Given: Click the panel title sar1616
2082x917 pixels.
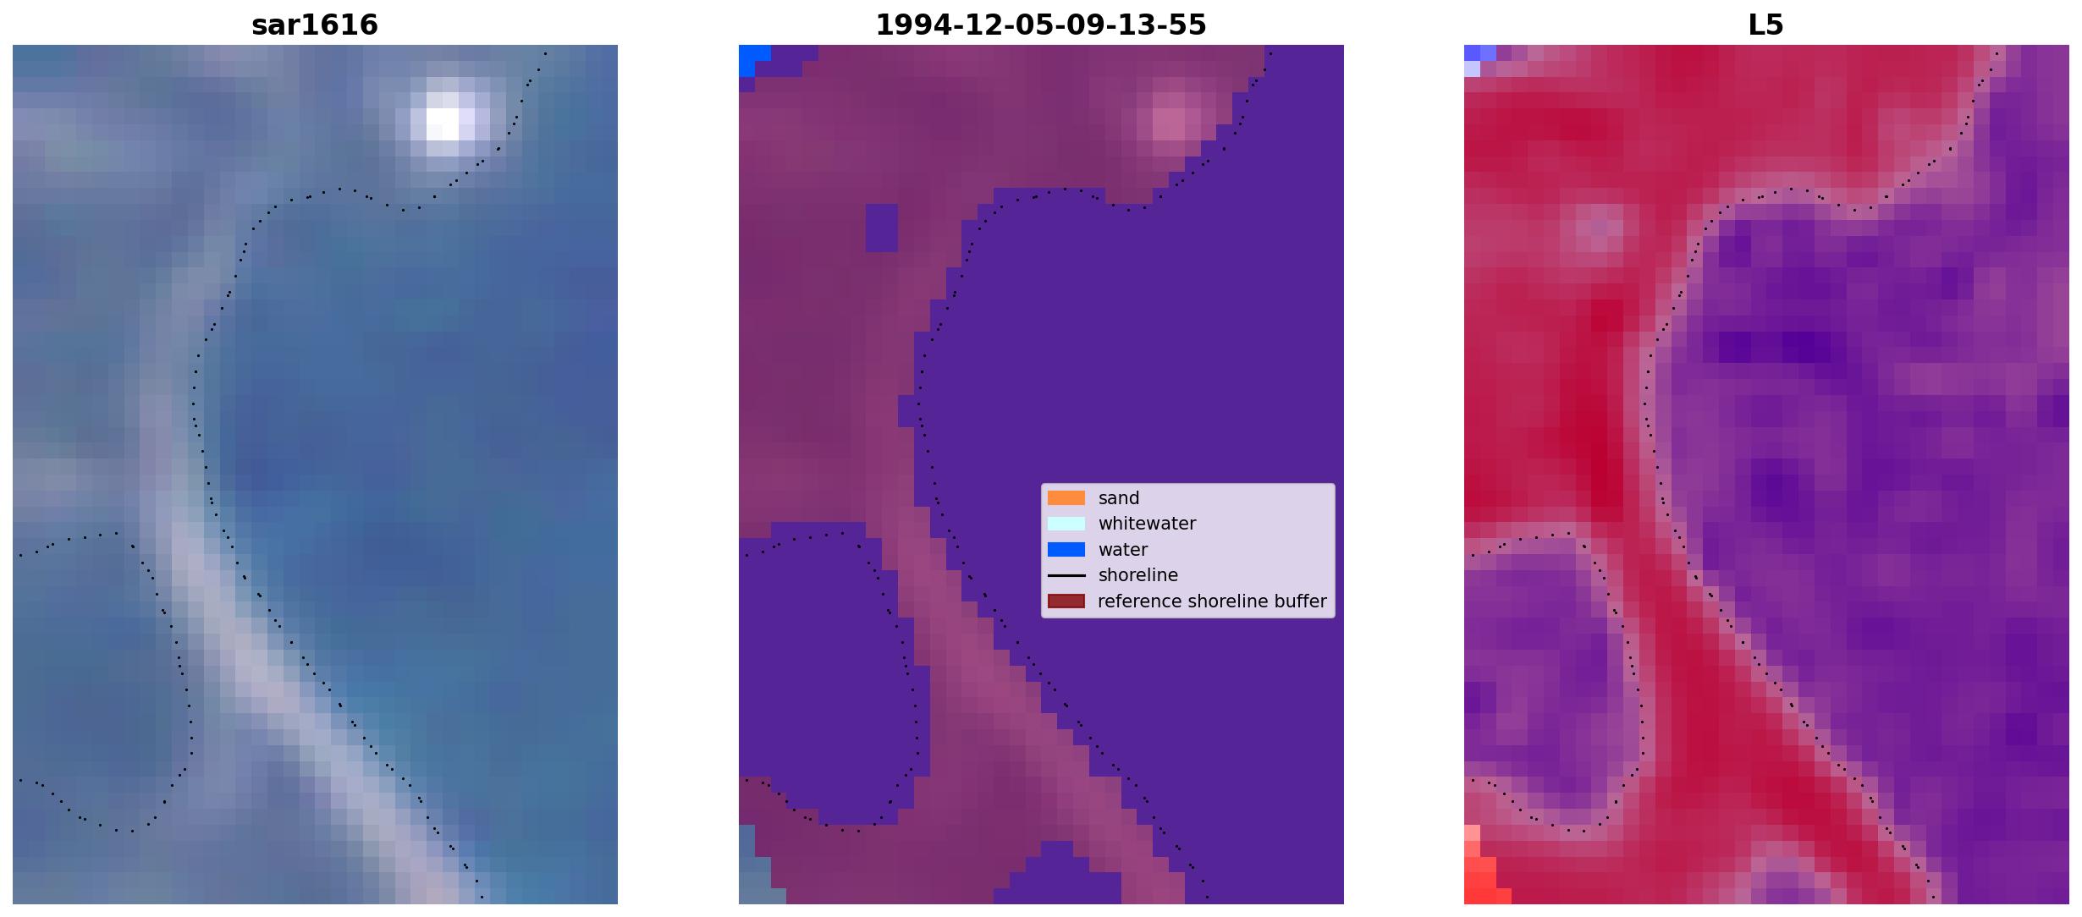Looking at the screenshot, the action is point(315,25).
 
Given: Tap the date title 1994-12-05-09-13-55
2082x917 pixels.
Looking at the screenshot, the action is point(1041,25).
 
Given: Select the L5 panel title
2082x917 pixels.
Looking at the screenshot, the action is point(1766,25).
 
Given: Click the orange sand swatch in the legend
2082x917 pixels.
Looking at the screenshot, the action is point(1066,497).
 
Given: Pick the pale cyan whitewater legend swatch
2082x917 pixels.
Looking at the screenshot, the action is point(1066,524).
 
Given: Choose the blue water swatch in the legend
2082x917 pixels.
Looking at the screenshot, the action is point(1066,550).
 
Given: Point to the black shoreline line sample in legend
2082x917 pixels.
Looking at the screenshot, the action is point(1066,575).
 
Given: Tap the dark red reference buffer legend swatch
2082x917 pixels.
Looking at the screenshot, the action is point(1066,601).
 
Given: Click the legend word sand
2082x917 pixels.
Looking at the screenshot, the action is point(1119,498).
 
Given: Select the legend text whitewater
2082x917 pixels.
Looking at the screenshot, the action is point(1147,524).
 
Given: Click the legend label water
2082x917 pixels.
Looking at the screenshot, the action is point(1123,550).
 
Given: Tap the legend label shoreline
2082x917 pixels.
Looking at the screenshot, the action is point(1138,575).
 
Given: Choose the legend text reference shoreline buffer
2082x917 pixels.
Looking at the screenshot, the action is point(1212,601).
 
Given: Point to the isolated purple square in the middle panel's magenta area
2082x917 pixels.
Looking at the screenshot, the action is point(881,228).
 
